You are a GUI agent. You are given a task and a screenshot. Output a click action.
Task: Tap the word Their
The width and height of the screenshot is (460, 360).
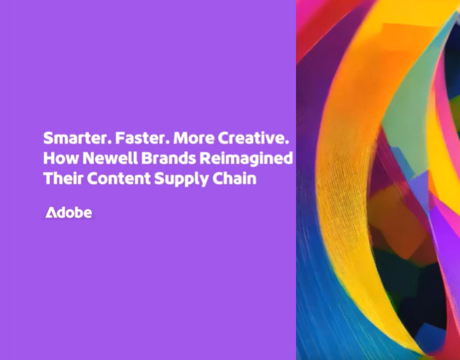pos(59,178)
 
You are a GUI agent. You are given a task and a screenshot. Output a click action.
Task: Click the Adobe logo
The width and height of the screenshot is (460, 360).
pos(68,213)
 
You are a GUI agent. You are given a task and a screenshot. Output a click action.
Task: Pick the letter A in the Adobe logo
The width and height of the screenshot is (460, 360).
pos(51,213)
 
